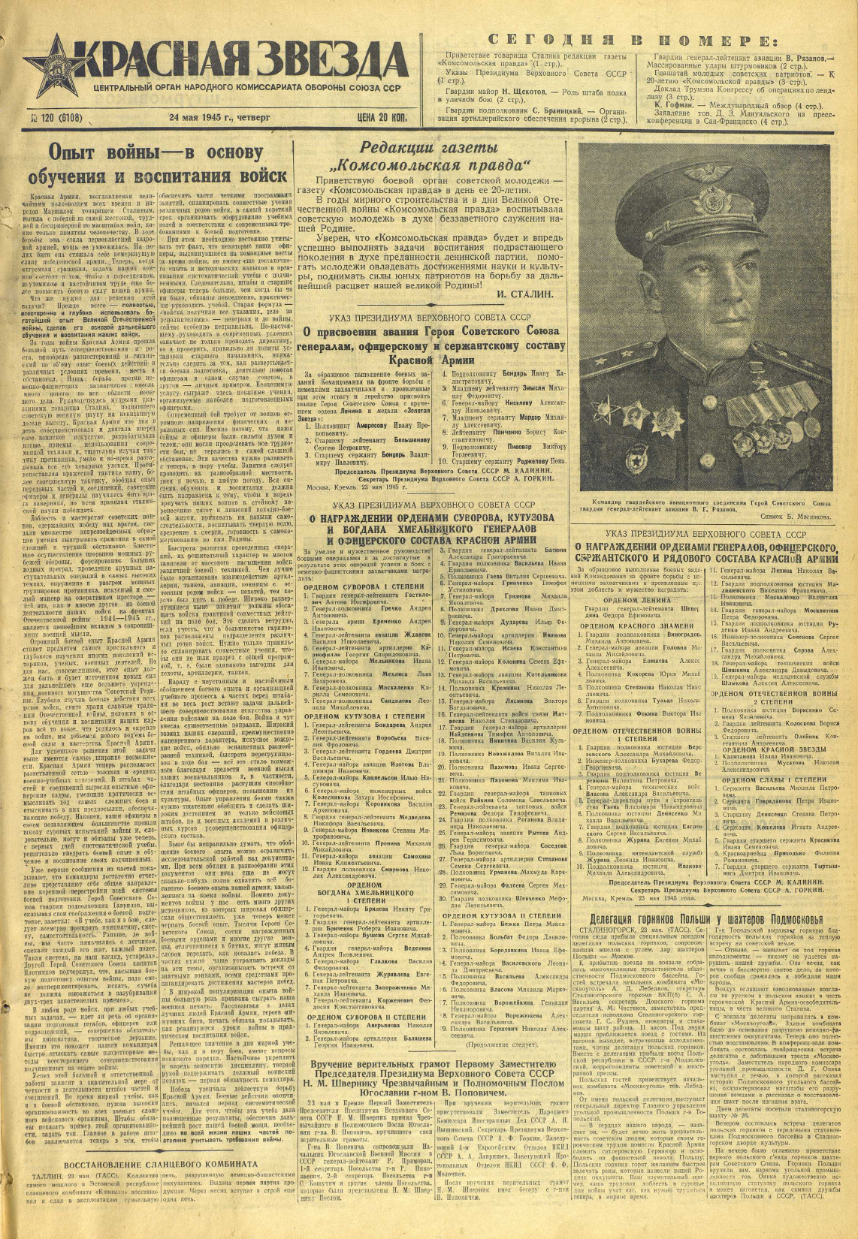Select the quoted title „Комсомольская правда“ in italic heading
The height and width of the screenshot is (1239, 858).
(x=434, y=165)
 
